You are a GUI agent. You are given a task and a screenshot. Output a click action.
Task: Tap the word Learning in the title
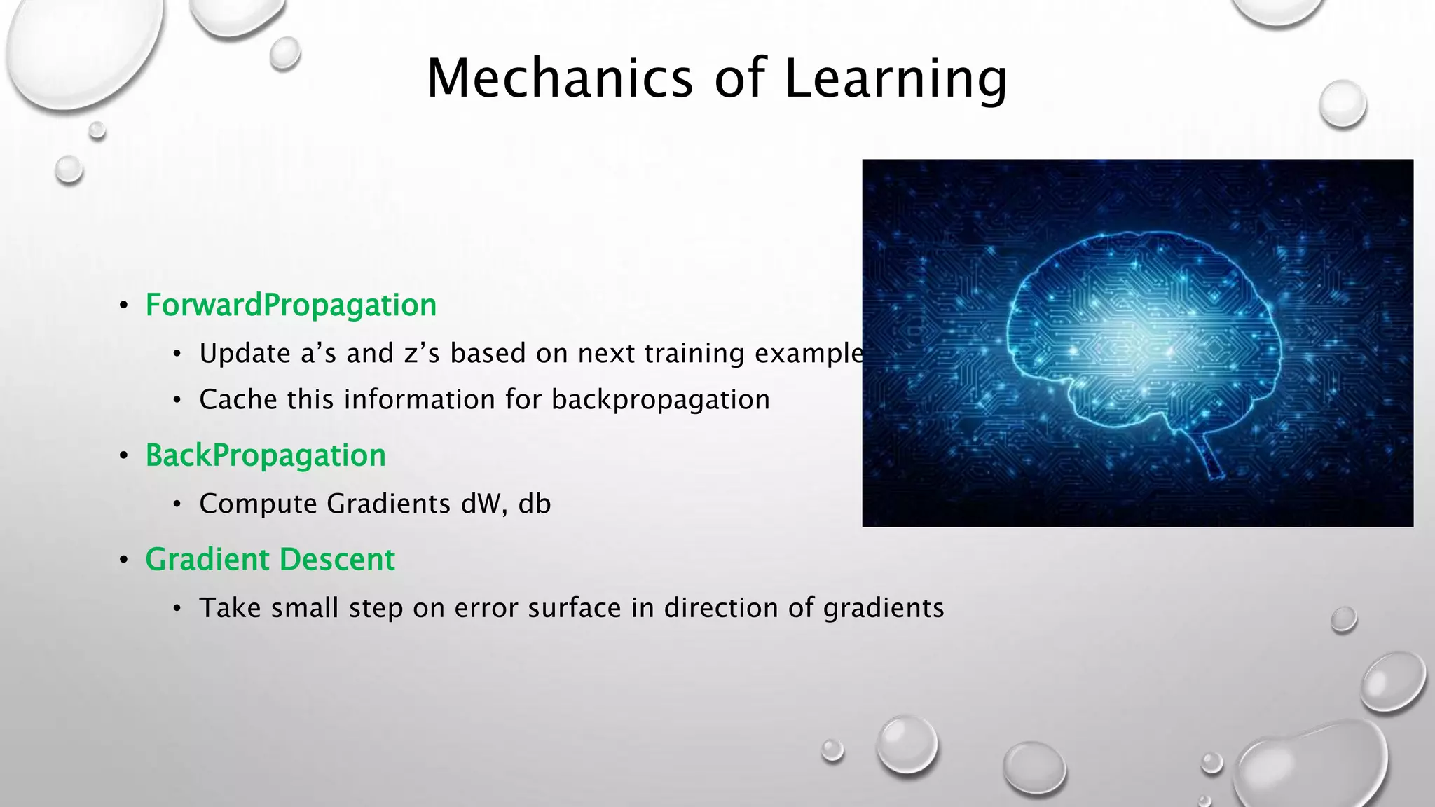[x=895, y=79]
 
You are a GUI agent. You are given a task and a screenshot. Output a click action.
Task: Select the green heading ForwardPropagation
[x=291, y=305]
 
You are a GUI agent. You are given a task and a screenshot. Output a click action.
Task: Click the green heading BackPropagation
[x=266, y=456]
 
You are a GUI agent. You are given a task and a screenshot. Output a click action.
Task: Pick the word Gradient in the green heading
[x=207, y=560]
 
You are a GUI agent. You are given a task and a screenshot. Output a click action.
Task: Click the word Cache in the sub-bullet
[x=238, y=400]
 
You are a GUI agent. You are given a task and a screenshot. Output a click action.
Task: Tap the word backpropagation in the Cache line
[x=660, y=401]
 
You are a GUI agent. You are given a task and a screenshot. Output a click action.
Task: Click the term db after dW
[x=535, y=504]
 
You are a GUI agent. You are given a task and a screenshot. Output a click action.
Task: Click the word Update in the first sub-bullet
[x=245, y=354]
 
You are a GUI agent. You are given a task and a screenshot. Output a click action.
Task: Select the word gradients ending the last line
[x=884, y=609]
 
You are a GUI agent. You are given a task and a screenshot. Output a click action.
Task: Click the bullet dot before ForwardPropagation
[x=123, y=305]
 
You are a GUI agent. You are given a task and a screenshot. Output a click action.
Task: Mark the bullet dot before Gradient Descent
[x=123, y=560]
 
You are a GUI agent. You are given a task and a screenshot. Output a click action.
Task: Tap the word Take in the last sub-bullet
[x=230, y=608]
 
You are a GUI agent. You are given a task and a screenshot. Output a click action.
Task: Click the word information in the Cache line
[x=419, y=400]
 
